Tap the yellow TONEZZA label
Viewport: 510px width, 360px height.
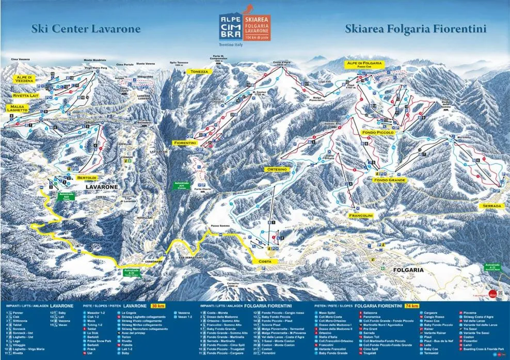click(199, 72)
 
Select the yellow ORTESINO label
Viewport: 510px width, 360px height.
click(275, 169)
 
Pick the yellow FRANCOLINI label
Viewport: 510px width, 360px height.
click(361, 214)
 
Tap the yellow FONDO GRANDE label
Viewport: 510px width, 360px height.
click(390, 180)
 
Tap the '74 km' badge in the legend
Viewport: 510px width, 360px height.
click(411, 306)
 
